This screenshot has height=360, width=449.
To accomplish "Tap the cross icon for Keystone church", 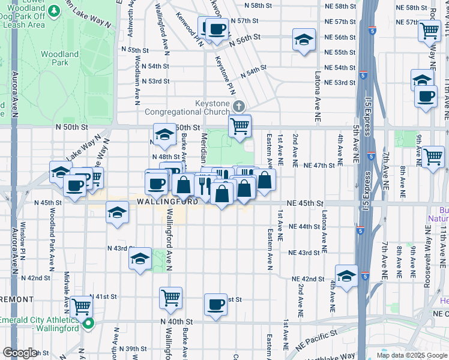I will coord(240,107).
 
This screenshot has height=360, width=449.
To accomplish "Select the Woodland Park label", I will coord(59,58).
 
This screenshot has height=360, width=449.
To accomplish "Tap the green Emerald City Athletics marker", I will coord(88,325).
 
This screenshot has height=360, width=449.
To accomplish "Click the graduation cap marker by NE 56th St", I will coord(304,40).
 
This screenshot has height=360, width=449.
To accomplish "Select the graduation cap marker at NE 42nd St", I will coord(346,277).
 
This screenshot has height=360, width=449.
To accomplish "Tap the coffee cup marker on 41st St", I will coord(215,304).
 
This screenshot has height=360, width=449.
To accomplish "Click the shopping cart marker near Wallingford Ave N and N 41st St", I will coord(171,297).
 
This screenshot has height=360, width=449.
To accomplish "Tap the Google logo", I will coord(20,353).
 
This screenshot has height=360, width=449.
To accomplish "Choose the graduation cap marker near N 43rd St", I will coord(140,259).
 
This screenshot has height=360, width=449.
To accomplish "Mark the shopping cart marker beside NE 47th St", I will coord(433,157).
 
